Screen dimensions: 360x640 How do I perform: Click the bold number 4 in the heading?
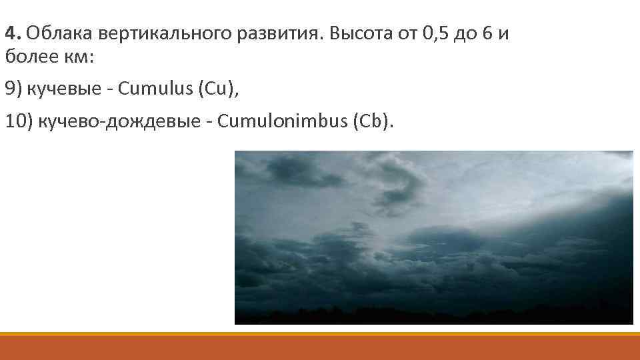click(x=9, y=33)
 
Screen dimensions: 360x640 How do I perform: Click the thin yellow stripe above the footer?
click(x=320, y=334)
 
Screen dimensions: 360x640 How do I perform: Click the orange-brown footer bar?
click(x=320, y=348)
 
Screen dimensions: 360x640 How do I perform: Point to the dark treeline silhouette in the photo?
click(x=433, y=315)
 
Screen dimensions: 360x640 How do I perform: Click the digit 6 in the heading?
click(x=489, y=33)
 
